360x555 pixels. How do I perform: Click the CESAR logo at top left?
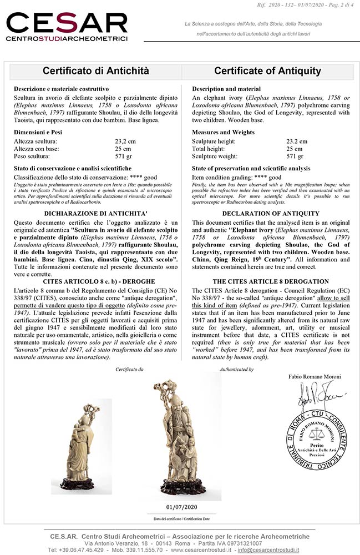click(x=67, y=27)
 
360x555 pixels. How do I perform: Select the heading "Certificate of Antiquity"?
click(x=267, y=71)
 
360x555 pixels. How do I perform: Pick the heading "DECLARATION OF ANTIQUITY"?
click(x=271, y=213)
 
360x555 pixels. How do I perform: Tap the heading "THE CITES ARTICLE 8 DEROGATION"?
click(x=271, y=281)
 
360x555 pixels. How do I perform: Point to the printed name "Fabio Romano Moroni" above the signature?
click(x=315, y=377)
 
